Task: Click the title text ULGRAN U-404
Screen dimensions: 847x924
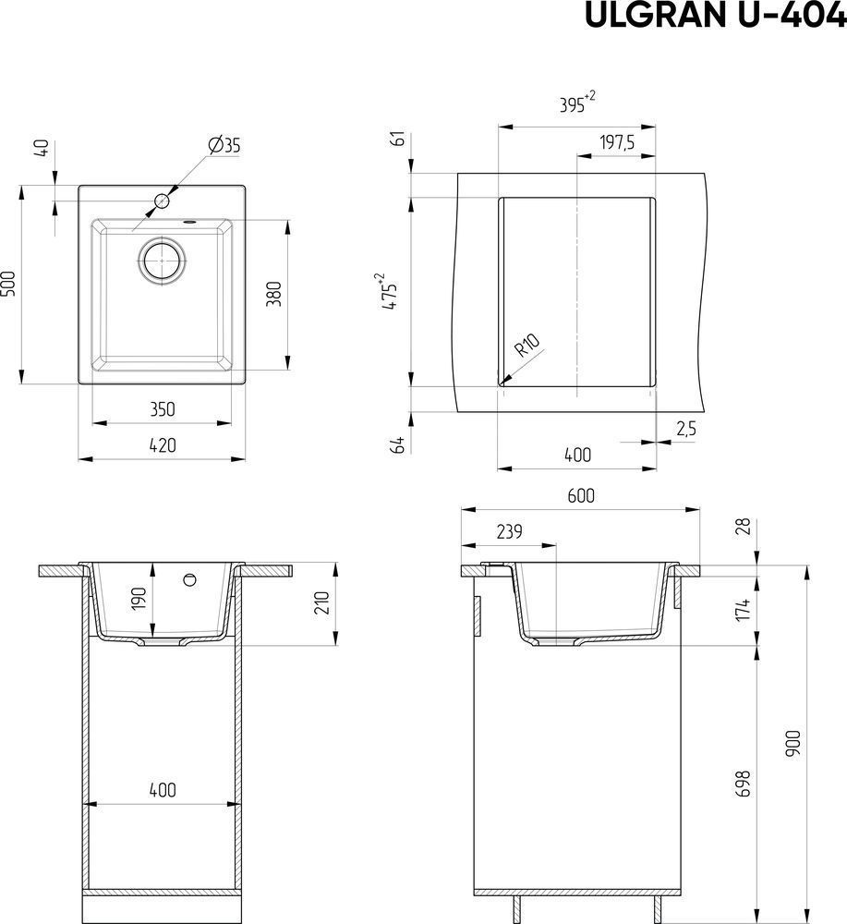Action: pyautogui.click(x=715, y=16)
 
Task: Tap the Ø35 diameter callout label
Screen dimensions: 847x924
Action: pyautogui.click(x=224, y=145)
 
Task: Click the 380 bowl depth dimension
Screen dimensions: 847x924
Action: pyautogui.click(x=274, y=294)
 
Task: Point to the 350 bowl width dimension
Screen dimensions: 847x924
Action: pyautogui.click(x=162, y=409)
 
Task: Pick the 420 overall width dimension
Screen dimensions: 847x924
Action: pyautogui.click(x=162, y=445)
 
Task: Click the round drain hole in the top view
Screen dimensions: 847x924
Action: pyautogui.click(x=162, y=260)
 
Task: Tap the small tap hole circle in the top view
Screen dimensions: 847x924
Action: pyautogui.click(x=162, y=201)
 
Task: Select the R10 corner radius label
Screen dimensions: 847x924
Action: pyautogui.click(x=526, y=346)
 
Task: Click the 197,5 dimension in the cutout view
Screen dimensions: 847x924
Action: pyautogui.click(x=617, y=142)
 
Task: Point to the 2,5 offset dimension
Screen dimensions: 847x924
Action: pyautogui.click(x=686, y=429)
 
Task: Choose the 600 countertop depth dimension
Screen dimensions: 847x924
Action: pyautogui.click(x=581, y=496)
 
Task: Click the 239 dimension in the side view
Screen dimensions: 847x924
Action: pyautogui.click(x=509, y=531)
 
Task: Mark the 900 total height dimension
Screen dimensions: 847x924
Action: pyautogui.click(x=793, y=743)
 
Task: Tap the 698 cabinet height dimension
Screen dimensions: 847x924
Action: pyautogui.click(x=744, y=784)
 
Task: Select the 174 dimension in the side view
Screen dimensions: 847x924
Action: pyautogui.click(x=744, y=609)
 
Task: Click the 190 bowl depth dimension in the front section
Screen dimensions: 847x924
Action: pyautogui.click(x=139, y=600)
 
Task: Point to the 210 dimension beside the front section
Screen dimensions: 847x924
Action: pyautogui.click(x=321, y=602)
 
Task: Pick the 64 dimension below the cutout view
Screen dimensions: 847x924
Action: pyautogui.click(x=399, y=444)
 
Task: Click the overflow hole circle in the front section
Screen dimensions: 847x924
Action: pyautogui.click(x=189, y=580)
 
